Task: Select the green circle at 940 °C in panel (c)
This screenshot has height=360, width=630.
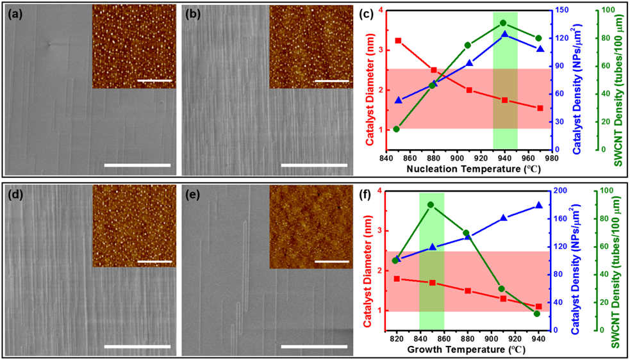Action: coord(503,23)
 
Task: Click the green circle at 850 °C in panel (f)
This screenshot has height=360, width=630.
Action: coord(430,205)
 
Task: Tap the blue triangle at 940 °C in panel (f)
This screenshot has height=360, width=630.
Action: coord(538,205)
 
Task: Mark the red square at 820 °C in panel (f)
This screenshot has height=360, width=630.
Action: coord(397,279)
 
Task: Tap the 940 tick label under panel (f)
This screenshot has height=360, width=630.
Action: coord(538,338)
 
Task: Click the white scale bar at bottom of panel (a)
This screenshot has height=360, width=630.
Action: coord(137,165)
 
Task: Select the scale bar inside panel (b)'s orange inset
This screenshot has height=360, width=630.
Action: coord(332,81)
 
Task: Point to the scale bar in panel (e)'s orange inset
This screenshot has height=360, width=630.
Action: coord(332,261)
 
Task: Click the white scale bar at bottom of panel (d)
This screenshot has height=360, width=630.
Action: coord(137,346)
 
